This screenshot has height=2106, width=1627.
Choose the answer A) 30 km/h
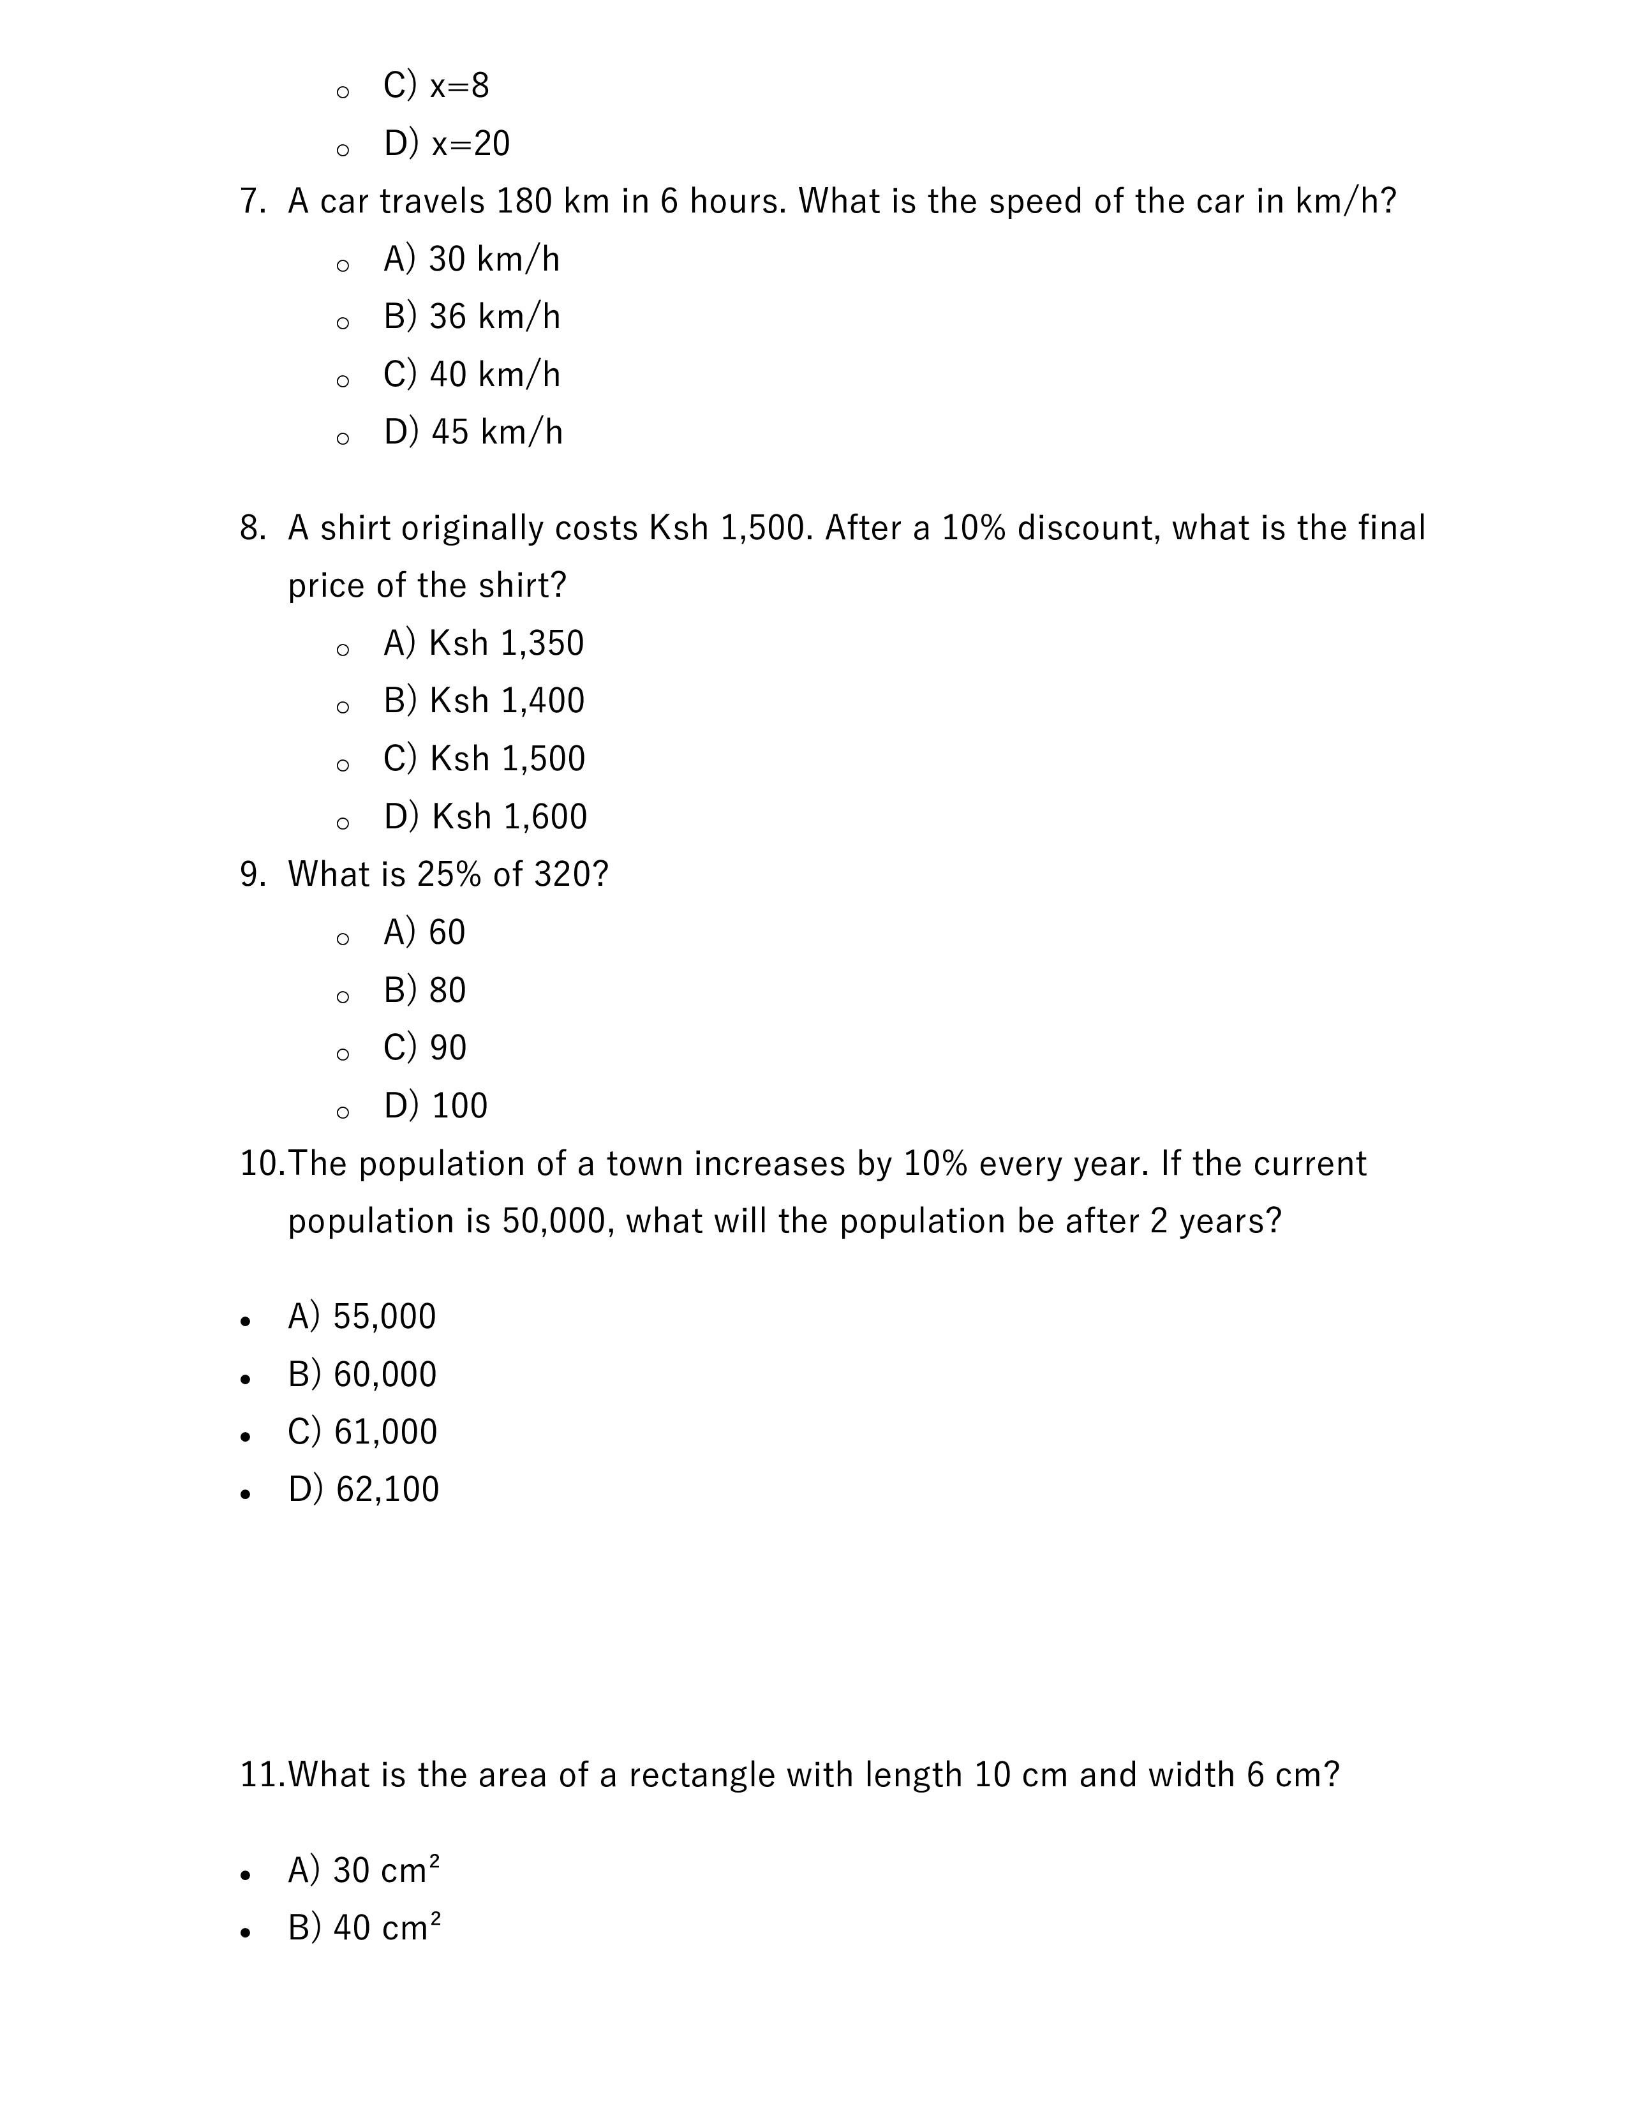click(472, 259)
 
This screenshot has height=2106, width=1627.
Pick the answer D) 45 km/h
click(473, 432)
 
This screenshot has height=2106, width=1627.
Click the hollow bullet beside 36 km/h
click(342, 323)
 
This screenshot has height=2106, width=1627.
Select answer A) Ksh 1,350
click(484, 643)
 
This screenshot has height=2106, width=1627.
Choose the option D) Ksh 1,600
click(485, 817)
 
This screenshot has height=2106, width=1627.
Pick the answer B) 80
click(424, 990)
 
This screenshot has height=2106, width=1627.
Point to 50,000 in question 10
click(558, 1221)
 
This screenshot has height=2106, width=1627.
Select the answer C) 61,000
click(362, 1432)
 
